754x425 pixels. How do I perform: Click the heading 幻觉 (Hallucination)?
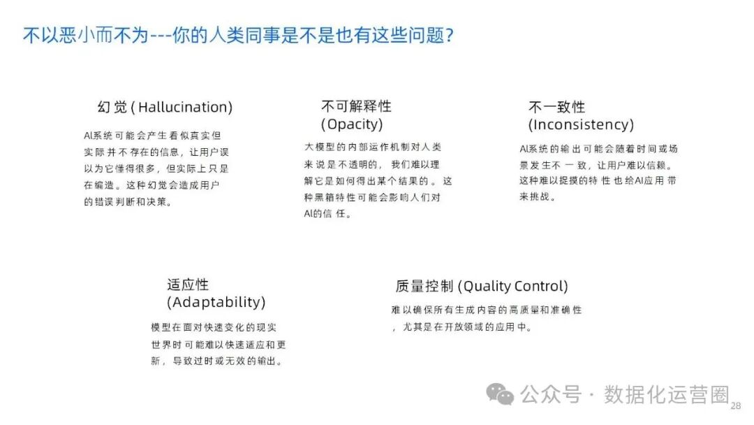click(x=165, y=107)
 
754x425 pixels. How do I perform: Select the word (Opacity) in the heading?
click(x=352, y=124)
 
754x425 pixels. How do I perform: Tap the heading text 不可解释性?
click(x=356, y=106)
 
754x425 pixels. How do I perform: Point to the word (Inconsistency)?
click(x=581, y=124)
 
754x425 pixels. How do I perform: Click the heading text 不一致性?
click(x=556, y=107)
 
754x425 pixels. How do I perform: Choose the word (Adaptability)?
click(x=216, y=302)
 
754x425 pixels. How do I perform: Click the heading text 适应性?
click(x=188, y=284)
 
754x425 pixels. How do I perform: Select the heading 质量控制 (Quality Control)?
click(x=482, y=286)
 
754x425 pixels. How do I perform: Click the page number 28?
click(x=735, y=406)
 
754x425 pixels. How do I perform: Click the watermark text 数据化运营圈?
click(x=667, y=394)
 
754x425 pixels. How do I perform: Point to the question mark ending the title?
click(x=449, y=35)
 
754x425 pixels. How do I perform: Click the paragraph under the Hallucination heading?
click(x=156, y=168)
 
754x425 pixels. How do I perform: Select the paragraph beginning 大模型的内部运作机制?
click(x=378, y=180)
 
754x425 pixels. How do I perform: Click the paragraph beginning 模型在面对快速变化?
click(x=219, y=345)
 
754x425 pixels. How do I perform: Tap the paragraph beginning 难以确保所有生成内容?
click(x=487, y=318)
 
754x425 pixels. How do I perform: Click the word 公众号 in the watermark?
click(x=551, y=394)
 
